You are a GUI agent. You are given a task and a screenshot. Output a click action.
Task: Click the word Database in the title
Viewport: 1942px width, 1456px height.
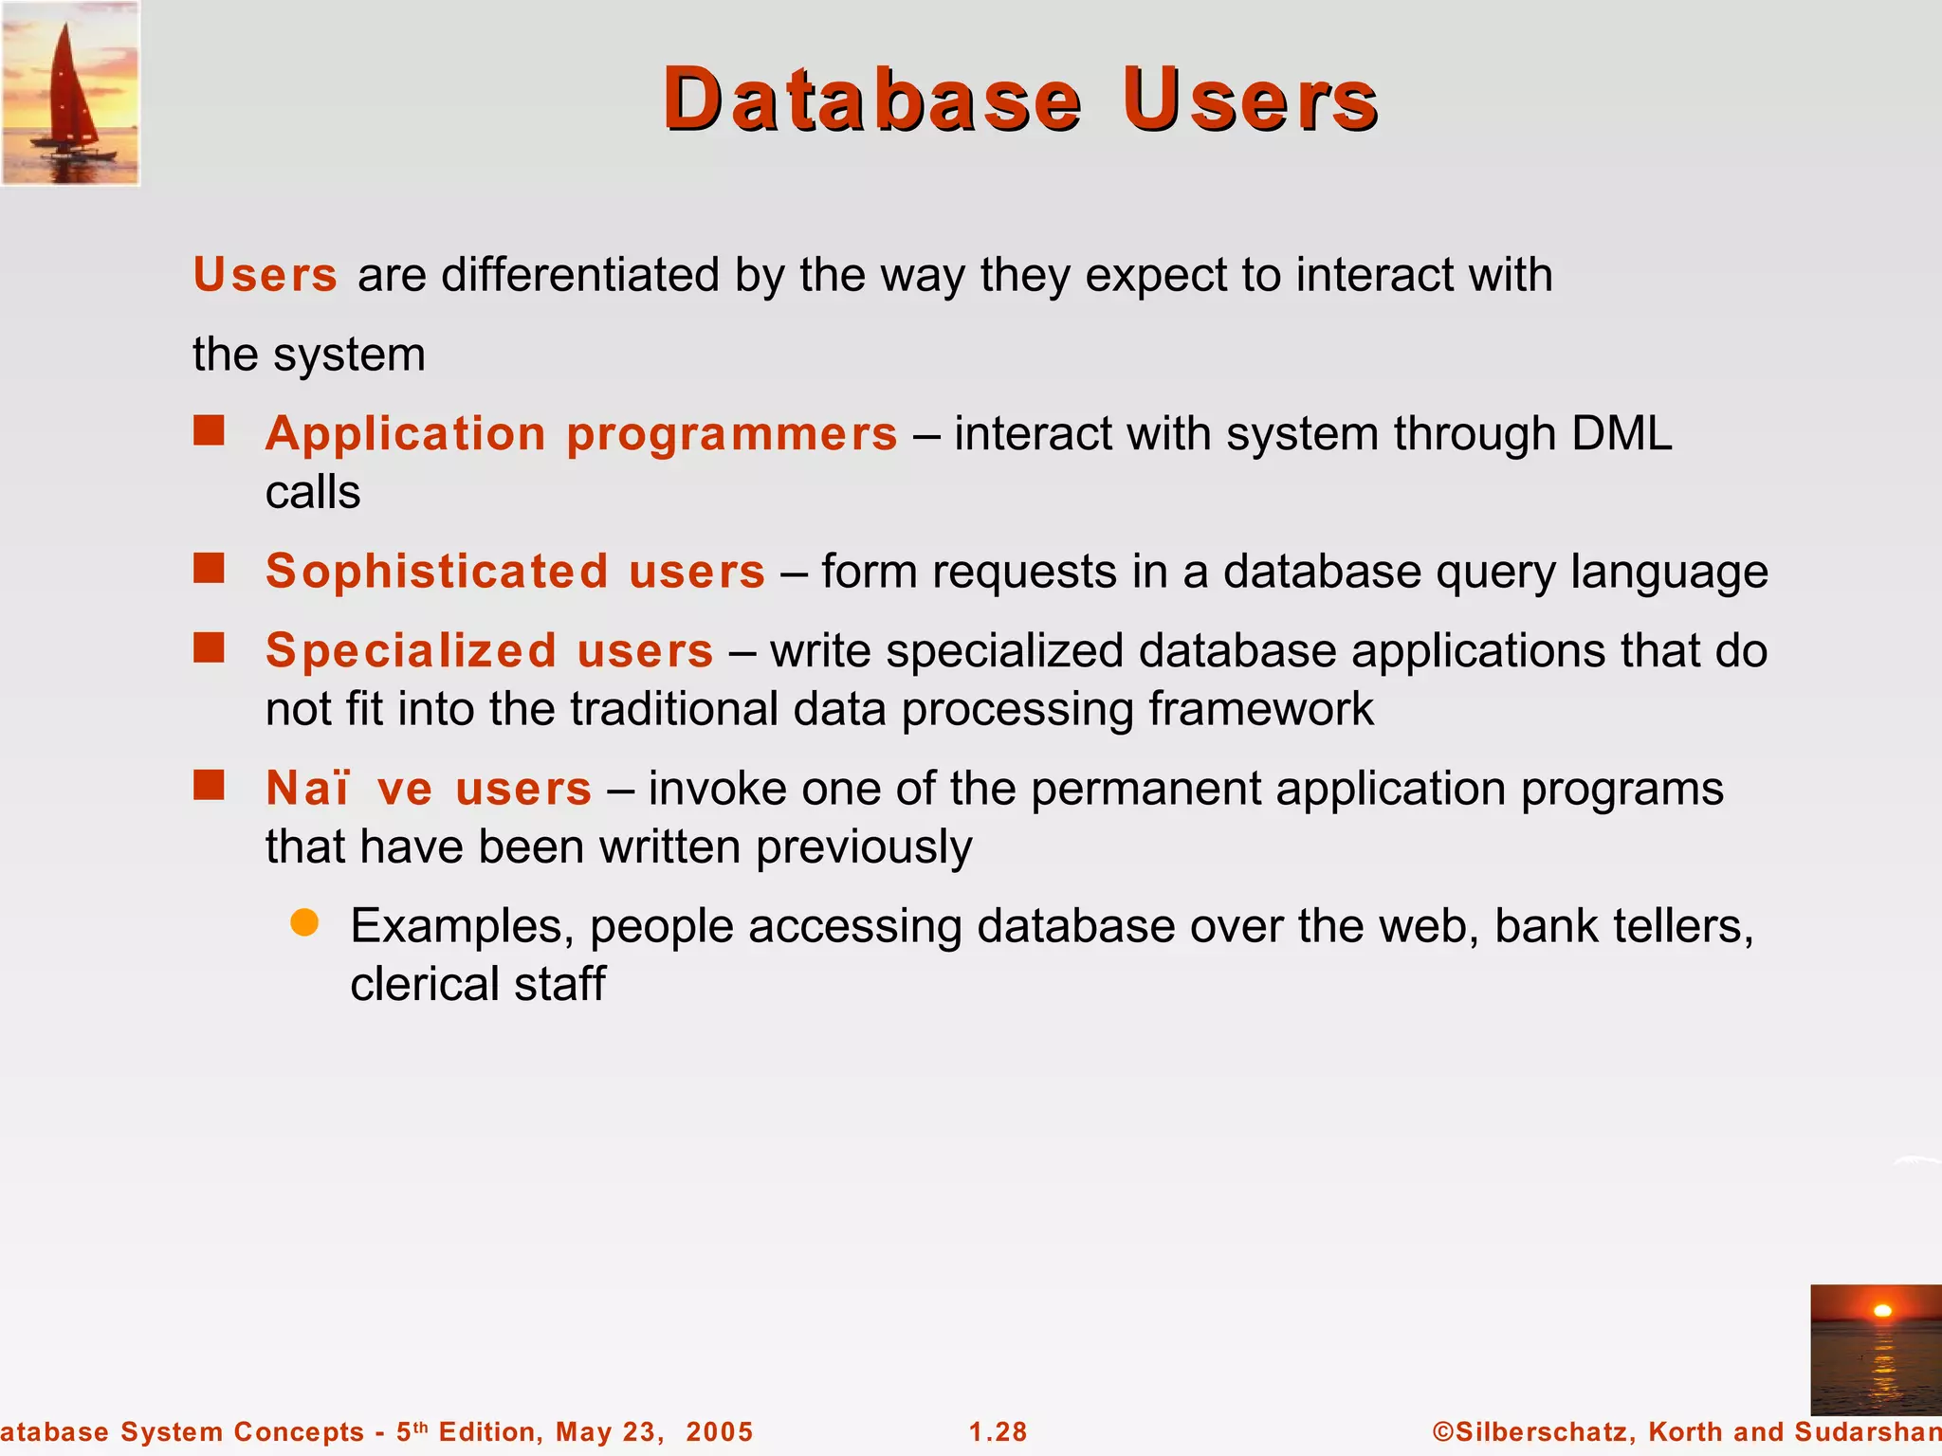[x=871, y=100]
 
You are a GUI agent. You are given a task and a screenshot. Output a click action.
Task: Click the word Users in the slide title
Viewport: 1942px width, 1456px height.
[x=1250, y=100]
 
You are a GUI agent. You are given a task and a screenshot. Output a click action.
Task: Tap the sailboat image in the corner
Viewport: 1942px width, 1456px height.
[x=70, y=93]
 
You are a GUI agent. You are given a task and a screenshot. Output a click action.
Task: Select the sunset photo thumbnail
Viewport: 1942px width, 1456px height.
[x=1875, y=1349]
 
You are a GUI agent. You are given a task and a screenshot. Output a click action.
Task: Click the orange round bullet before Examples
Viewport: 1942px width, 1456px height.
[x=304, y=922]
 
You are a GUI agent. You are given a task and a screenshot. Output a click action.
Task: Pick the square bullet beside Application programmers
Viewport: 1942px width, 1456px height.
[x=209, y=430]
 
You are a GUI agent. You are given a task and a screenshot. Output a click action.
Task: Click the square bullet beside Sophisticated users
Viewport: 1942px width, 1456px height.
[x=209, y=569]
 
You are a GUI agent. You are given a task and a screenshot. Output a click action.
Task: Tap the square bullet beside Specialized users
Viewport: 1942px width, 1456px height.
[x=209, y=648]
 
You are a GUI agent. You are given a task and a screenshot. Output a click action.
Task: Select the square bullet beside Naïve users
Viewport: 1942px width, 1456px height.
[x=209, y=786]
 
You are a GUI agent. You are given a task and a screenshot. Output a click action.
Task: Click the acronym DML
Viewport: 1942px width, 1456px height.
[x=1621, y=434]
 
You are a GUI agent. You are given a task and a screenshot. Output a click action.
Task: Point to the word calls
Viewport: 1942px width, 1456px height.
[x=313, y=493]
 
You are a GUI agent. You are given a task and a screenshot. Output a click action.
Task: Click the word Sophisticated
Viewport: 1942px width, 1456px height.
[x=436, y=572]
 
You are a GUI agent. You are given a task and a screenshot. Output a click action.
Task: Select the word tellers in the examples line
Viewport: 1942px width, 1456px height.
[x=1676, y=926]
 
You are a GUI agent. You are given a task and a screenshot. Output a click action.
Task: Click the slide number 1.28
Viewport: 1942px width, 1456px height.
[x=998, y=1431]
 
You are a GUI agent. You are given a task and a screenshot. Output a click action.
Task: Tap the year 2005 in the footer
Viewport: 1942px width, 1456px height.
[x=720, y=1431]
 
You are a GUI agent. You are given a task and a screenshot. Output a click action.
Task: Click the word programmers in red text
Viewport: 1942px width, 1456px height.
[x=731, y=435]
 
